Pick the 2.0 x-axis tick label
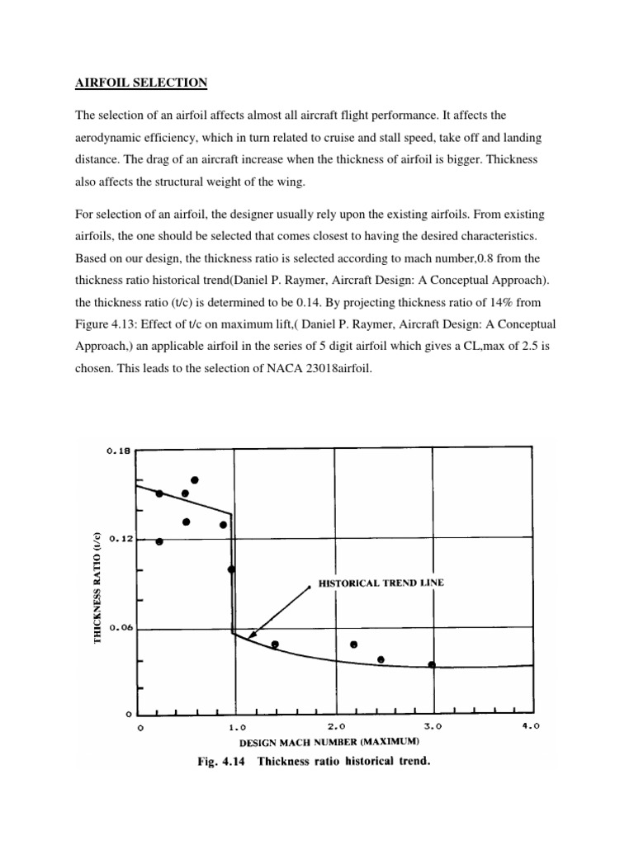[x=336, y=728]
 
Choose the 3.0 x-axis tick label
[x=433, y=728]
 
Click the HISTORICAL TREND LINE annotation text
[x=381, y=583]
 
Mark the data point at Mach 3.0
[x=432, y=665]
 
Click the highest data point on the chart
[x=195, y=480]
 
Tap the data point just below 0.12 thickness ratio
[x=159, y=542]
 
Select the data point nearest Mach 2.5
[x=381, y=659]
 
